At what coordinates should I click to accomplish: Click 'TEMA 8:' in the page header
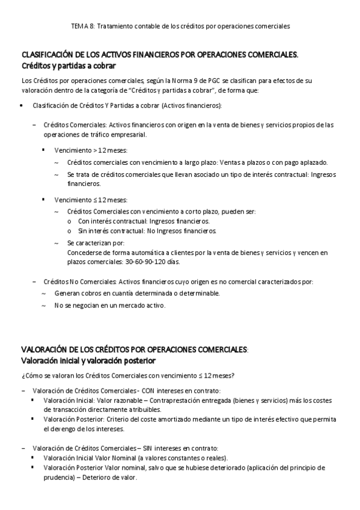tap(82, 26)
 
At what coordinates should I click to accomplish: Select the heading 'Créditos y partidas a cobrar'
tap(69, 65)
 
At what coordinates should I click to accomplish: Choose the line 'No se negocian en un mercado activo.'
tap(109, 306)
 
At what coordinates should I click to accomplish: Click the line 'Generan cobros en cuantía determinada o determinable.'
tap(137, 293)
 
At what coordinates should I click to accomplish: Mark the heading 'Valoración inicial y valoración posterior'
tap(88, 361)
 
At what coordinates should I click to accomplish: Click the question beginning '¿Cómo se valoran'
tap(127, 376)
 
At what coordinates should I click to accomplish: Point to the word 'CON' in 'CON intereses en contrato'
tap(147, 390)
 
